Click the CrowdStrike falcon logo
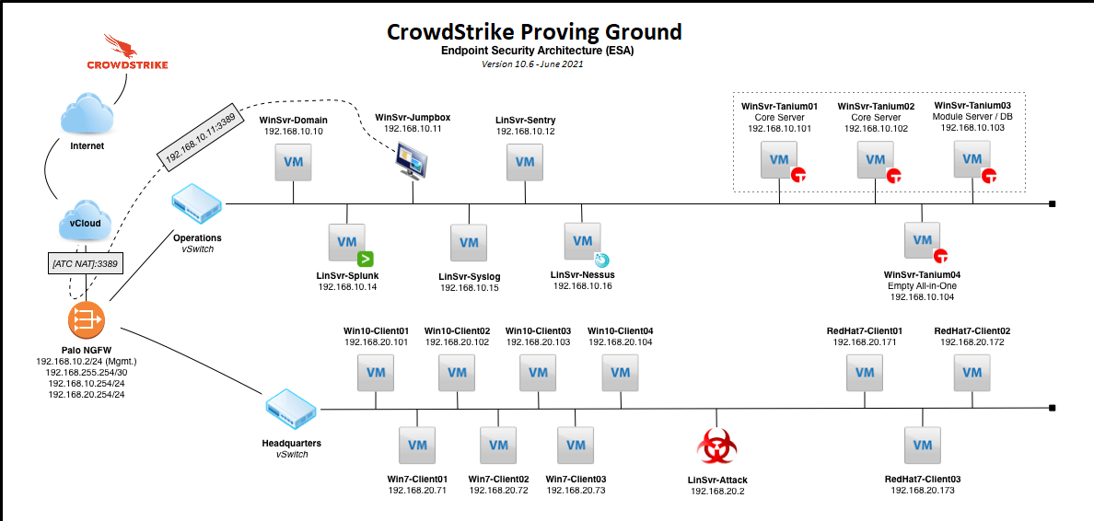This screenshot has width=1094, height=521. (122, 46)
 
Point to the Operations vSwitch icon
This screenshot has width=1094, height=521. (197, 203)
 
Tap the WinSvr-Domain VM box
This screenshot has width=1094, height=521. (293, 162)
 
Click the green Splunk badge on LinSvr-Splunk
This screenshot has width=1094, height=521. (364, 259)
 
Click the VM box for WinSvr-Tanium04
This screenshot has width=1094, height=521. (922, 240)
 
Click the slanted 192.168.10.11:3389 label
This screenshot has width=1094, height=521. (201, 140)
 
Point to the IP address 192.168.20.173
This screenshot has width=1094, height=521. (922, 492)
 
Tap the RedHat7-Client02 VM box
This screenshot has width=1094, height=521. (972, 373)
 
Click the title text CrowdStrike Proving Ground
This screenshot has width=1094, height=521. (535, 32)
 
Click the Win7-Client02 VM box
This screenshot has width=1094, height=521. (498, 446)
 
